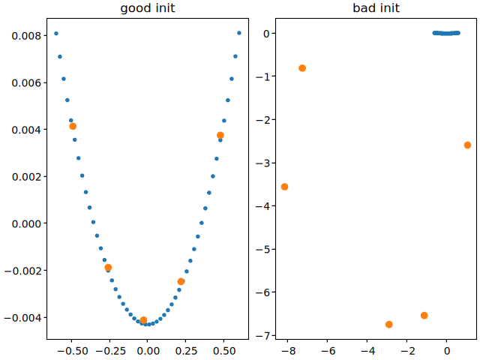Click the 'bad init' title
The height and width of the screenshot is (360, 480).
click(376, 9)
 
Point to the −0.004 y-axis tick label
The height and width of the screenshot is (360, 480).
click(25, 317)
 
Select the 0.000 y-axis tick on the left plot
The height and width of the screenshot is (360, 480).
click(28, 223)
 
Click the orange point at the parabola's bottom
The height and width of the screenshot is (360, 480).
click(143, 320)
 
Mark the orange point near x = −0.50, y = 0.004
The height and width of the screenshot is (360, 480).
click(73, 126)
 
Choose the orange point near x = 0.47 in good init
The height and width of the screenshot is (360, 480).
click(220, 135)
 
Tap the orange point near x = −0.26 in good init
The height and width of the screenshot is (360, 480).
click(108, 267)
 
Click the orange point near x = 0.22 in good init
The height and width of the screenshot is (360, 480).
click(181, 281)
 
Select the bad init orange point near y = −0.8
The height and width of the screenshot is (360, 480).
click(302, 68)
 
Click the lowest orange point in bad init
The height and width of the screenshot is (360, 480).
click(388, 324)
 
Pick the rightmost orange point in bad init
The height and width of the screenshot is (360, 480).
click(467, 145)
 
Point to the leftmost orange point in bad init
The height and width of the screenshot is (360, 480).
click(284, 187)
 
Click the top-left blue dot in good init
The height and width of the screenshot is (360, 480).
click(56, 34)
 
